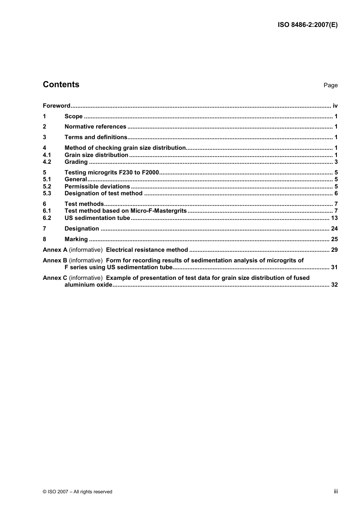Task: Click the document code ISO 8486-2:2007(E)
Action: (x=307, y=25)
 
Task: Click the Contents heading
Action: (x=61, y=85)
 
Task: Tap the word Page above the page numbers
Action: (x=330, y=85)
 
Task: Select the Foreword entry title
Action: (x=56, y=106)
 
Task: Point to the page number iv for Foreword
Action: (x=335, y=106)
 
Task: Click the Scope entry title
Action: (x=74, y=116)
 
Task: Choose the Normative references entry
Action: (x=95, y=127)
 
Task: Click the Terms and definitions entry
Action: (x=96, y=137)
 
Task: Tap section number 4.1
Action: (x=47, y=155)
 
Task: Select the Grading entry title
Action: (x=76, y=162)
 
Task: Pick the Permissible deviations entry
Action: (x=97, y=187)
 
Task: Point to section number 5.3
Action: (x=47, y=193)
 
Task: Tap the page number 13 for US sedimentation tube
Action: (x=334, y=218)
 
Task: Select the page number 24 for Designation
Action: (x=334, y=229)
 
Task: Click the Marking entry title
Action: (x=76, y=239)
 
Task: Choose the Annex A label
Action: (x=55, y=250)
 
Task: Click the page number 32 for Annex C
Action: (x=334, y=285)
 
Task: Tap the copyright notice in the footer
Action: (x=78, y=492)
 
